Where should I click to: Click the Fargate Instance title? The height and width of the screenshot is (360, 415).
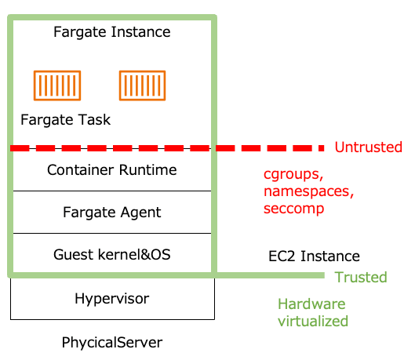pos(112,32)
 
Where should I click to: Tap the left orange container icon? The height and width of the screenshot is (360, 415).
pos(57,85)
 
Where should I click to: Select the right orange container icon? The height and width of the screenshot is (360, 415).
pos(143,85)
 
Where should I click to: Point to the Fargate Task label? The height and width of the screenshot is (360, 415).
pos(65,120)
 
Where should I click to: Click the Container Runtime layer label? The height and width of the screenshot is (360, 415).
pos(112,169)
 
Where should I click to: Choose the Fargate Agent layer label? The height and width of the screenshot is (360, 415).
pos(112,213)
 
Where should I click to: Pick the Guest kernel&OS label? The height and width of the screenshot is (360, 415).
pos(112,254)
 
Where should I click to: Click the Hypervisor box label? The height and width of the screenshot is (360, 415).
pos(112,299)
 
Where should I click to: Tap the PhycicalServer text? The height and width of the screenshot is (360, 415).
pos(112,343)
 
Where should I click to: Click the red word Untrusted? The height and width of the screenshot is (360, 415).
pos(369,147)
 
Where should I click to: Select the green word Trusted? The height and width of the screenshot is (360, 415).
pos(361,277)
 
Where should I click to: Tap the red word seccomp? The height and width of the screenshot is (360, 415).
pos(293,209)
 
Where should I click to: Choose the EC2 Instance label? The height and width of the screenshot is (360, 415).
pos(314,256)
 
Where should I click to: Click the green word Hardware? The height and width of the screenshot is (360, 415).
pos(311,304)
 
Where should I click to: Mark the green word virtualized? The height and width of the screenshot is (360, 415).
pos(313,321)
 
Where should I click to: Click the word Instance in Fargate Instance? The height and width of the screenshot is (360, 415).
pos(140,31)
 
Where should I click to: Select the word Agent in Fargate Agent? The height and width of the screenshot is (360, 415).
pos(140,213)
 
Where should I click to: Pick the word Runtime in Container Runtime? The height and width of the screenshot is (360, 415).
pos(147,169)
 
